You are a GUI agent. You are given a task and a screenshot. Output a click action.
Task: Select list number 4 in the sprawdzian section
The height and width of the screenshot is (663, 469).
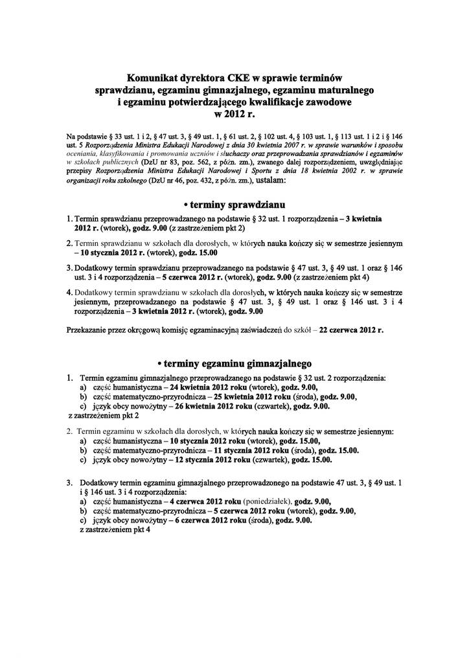(69, 292)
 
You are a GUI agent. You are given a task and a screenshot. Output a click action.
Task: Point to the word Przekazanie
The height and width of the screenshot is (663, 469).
(88, 330)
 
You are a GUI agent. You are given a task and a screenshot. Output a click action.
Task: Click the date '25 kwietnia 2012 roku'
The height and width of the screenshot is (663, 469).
(249, 396)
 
